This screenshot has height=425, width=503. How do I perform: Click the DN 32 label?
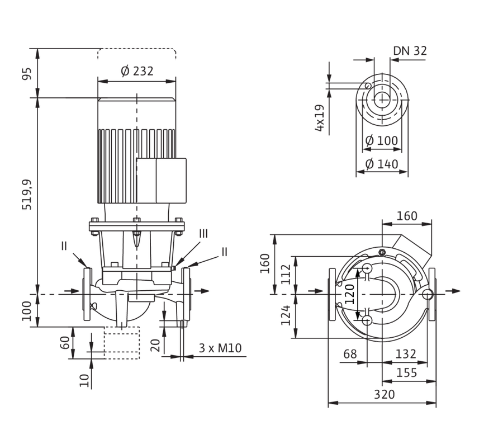click(410, 51)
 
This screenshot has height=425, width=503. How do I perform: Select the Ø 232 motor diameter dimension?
click(137, 71)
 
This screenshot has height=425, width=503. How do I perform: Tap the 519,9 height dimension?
click(27, 195)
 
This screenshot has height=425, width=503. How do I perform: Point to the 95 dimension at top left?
click(27, 73)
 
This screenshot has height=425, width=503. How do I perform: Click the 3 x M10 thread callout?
click(220, 348)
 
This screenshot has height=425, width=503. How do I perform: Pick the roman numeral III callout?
click(203, 233)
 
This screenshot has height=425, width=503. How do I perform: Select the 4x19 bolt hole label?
click(320, 118)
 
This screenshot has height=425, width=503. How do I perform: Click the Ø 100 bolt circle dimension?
click(382, 140)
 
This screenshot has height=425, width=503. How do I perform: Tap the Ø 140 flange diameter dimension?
click(382, 164)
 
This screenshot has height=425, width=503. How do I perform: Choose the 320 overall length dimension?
click(385, 394)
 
